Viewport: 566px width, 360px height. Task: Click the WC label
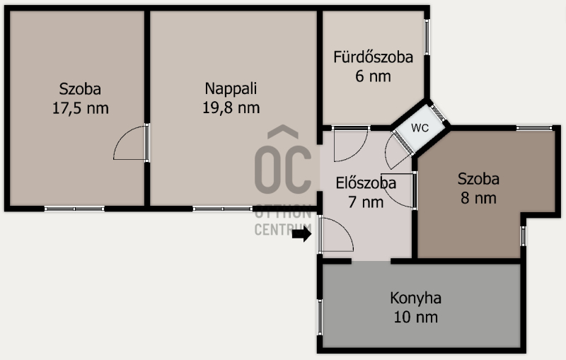point(420,128)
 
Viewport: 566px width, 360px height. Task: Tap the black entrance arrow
point(302,235)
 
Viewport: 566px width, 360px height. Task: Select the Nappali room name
point(231,88)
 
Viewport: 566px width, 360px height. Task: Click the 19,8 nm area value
point(231,108)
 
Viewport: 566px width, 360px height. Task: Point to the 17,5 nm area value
point(80,108)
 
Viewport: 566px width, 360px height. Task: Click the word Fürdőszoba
point(373,57)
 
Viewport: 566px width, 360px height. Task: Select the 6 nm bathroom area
point(373,76)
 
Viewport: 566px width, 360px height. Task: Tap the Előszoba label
point(366,183)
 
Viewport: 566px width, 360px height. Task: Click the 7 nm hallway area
point(366,202)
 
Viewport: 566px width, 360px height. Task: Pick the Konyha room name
point(415,298)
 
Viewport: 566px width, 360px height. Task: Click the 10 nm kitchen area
point(415,318)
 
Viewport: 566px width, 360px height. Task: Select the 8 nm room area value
point(478,198)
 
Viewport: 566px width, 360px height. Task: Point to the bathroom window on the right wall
point(427,37)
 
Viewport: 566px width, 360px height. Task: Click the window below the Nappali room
point(222,209)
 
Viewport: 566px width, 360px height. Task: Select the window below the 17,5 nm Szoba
point(74,209)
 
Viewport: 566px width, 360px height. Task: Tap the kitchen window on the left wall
point(320,317)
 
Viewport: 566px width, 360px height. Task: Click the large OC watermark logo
point(283,160)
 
